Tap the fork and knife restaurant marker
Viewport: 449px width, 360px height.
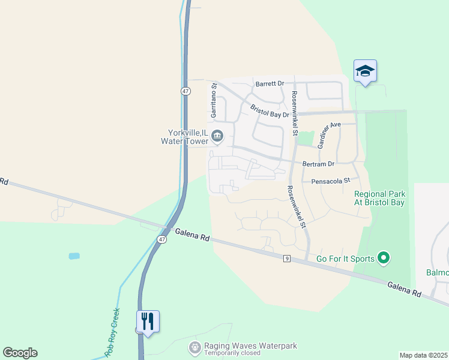[148, 322]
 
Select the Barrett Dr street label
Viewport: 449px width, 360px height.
[269, 85]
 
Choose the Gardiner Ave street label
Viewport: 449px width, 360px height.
[329, 135]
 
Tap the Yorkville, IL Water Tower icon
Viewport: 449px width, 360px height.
[218, 137]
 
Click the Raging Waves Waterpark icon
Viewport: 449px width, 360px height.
[194, 347]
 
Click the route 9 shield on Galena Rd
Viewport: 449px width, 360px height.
[288, 258]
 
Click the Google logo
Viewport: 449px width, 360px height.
[20, 353]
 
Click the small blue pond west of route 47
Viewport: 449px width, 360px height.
[74, 256]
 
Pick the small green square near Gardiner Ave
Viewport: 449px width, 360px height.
[306, 139]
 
